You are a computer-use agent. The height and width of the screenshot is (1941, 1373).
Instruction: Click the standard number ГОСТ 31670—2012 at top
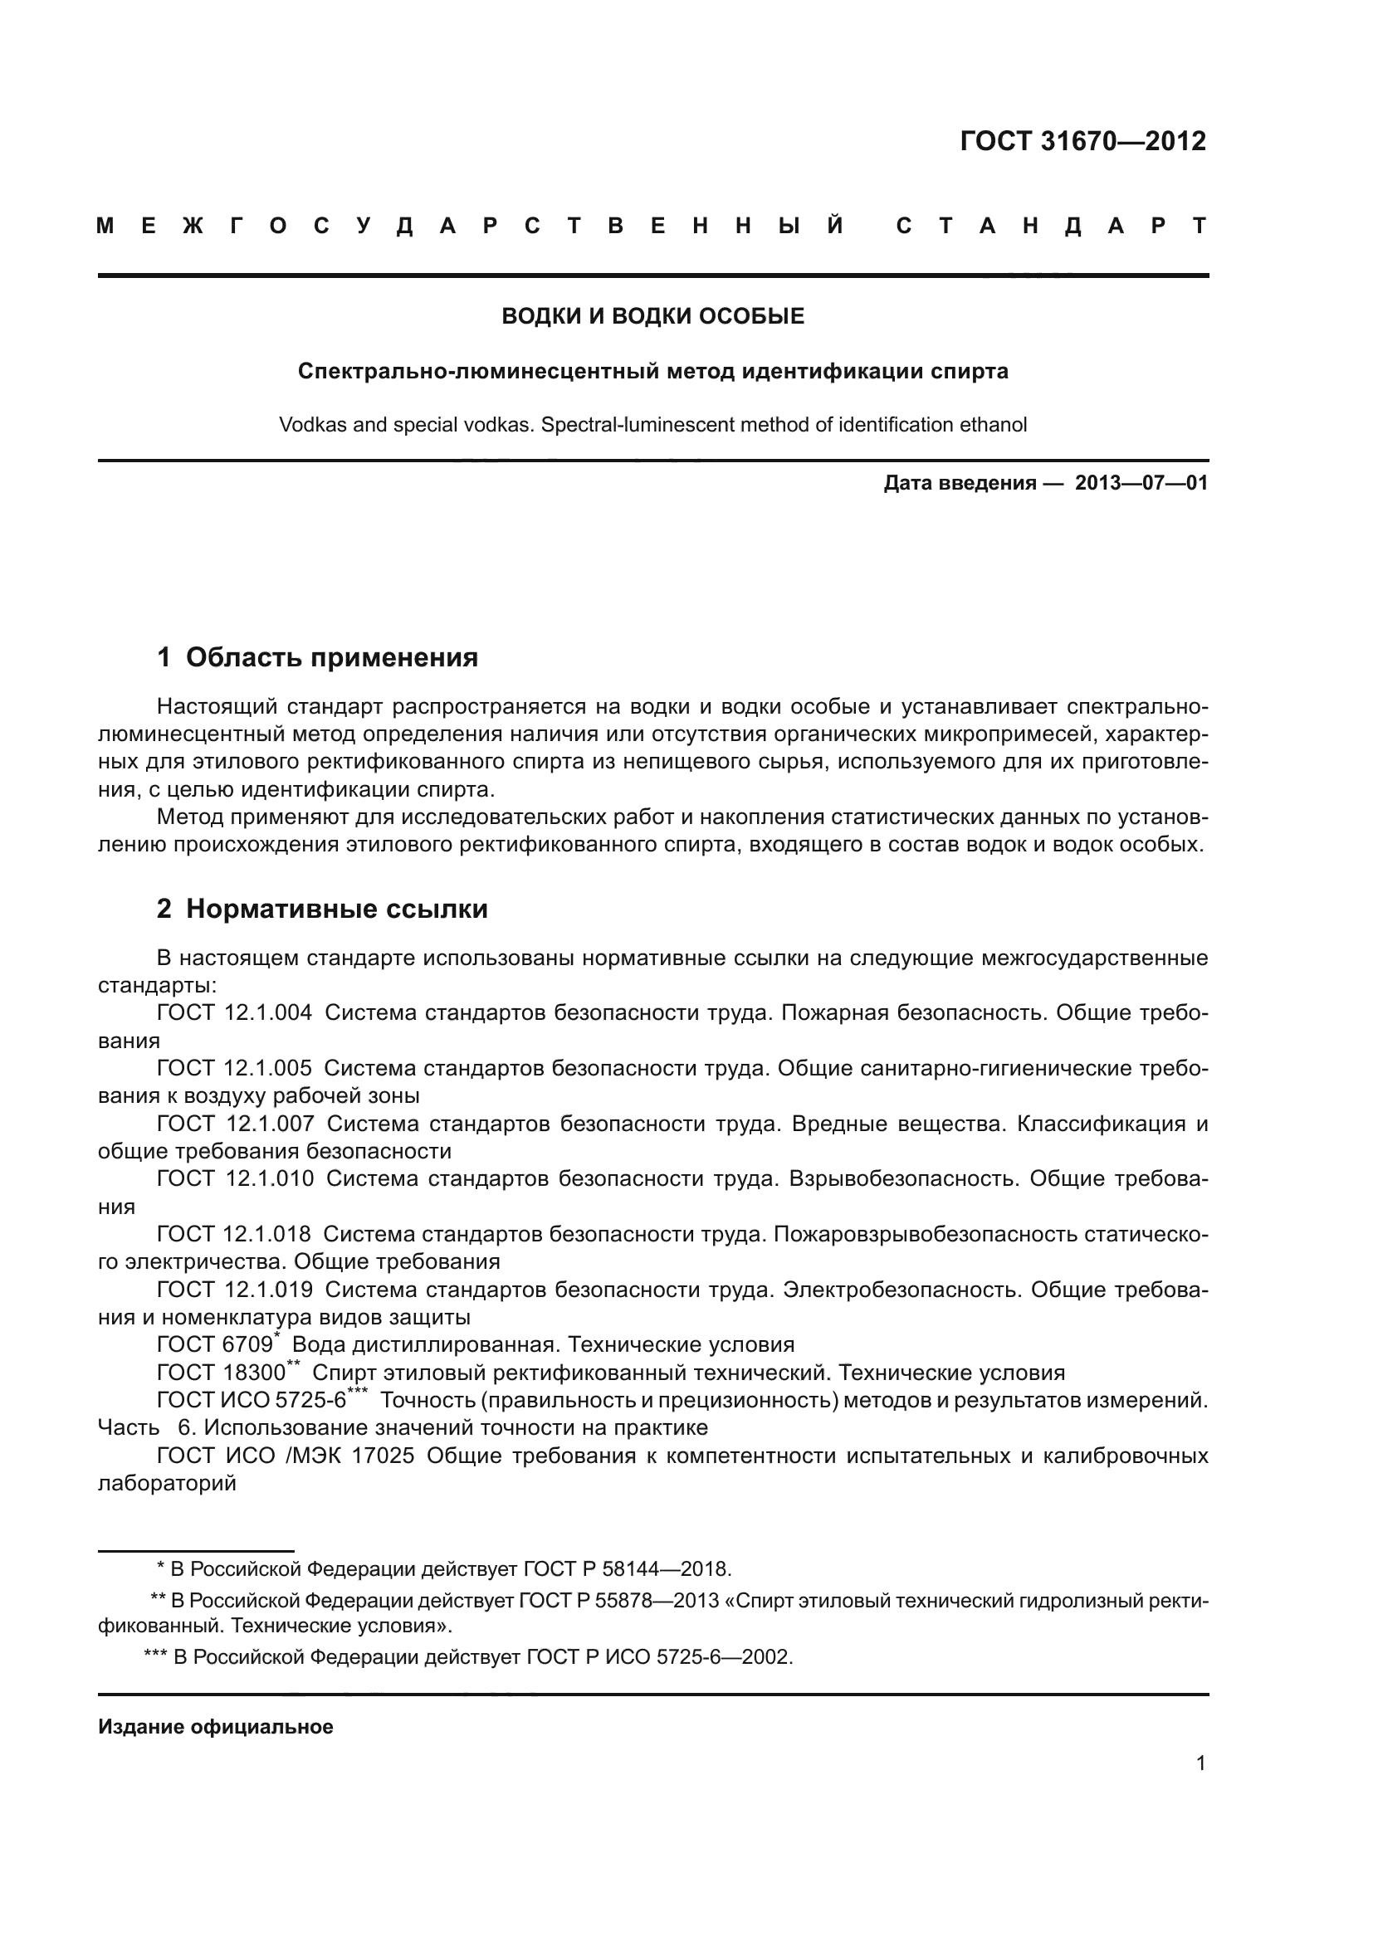click(1082, 141)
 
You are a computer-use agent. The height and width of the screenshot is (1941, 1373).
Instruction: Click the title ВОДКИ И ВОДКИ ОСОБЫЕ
click(652, 316)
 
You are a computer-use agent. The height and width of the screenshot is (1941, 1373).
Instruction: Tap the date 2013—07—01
click(1141, 483)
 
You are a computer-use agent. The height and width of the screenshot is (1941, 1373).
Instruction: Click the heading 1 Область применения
click(317, 657)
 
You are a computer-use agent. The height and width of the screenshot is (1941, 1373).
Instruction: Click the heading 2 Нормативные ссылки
click(322, 909)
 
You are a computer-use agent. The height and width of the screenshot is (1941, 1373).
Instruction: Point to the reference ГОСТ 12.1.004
click(234, 1012)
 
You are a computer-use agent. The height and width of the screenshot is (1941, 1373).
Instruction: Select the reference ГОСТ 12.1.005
click(234, 1069)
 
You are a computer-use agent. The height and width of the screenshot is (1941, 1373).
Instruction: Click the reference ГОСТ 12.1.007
click(235, 1124)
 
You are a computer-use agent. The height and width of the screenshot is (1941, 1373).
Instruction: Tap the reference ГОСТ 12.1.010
click(235, 1178)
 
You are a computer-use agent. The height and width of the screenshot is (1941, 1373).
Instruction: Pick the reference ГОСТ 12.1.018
click(233, 1234)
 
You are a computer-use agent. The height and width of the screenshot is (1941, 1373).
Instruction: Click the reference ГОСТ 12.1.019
click(234, 1290)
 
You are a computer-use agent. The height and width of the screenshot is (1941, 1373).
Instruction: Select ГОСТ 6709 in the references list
click(215, 1345)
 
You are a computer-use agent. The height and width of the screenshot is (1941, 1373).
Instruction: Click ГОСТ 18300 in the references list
click(221, 1373)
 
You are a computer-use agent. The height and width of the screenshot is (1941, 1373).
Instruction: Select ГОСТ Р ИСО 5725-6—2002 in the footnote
click(659, 1657)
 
